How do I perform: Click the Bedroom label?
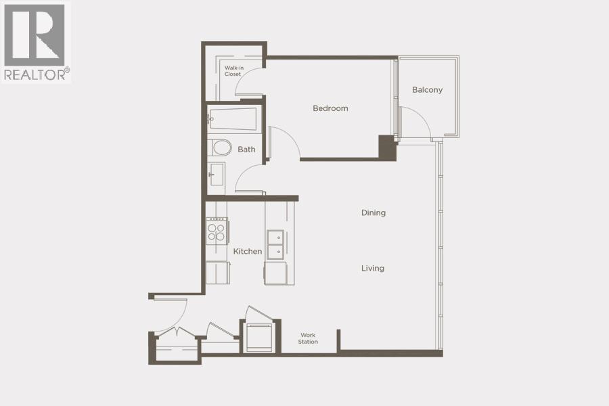(330, 108)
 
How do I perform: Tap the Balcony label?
(427, 90)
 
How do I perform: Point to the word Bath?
(246, 150)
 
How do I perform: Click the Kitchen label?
(248, 251)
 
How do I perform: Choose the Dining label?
(373, 212)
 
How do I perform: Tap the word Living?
(372, 268)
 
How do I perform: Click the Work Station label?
(308, 338)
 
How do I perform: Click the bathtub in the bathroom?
(233, 119)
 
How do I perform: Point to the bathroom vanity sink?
(216, 174)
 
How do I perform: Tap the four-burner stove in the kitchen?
(217, 232)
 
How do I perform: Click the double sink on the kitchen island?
(275, 244)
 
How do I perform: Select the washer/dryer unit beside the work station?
(258, 337)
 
